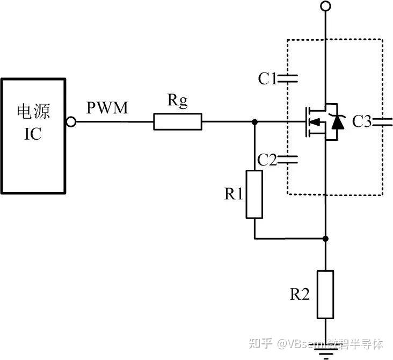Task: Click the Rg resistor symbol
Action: (x=178, y=122)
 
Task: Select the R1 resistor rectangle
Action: (x=254, y=194)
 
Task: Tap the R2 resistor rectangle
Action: (x=325, y=294)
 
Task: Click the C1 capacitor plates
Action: (x=288, y=79)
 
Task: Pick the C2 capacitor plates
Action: (x=288, y=159)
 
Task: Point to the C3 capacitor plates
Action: (x=383, y=121)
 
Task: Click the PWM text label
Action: (x=107, y=108)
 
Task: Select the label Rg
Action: (x=178, y=101)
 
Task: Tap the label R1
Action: (x=234, y=194)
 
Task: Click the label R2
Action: (x=300, y=294)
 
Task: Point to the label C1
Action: (x=267, y=79)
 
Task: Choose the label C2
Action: (x=267, y=160)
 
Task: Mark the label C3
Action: (x=362, y=122)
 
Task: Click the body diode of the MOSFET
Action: (x=338, y=123)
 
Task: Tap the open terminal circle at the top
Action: (x=325, y=6)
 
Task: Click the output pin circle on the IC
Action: (x=71, y=122)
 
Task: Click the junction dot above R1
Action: (x=254, y=122)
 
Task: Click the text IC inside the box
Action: (x=33, y=133)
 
